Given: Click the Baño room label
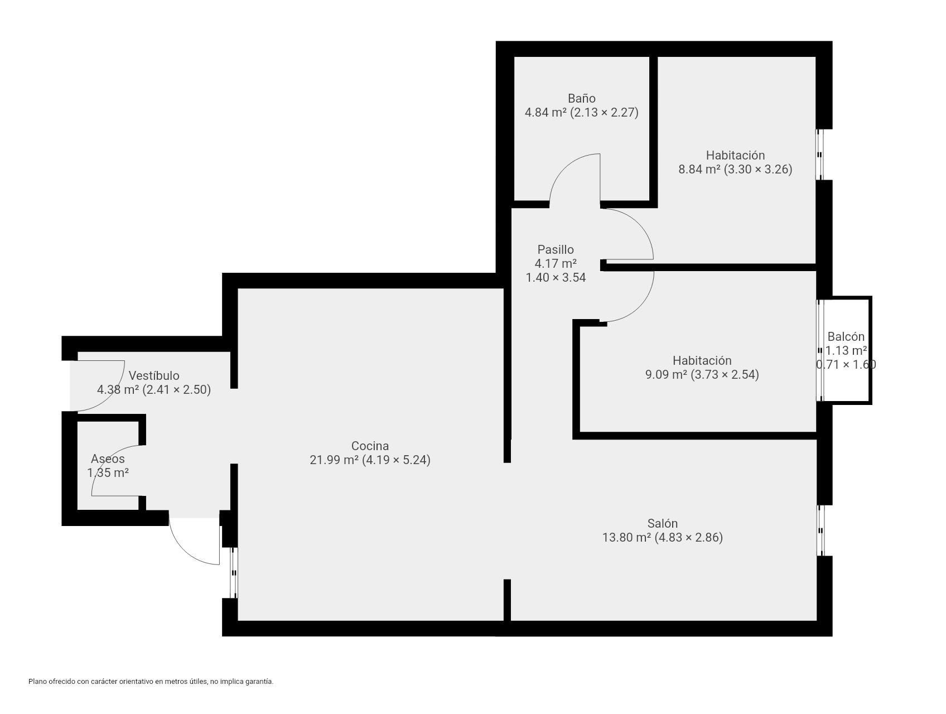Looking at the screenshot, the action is point(581,98).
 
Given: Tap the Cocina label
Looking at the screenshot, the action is point(370,446).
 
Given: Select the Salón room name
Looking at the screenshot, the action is point(663,523).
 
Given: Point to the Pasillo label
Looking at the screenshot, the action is point(556,249).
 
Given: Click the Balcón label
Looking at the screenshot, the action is point(846,336).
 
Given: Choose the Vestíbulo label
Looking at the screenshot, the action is point(154,375).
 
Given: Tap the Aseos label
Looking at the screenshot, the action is point(108,459).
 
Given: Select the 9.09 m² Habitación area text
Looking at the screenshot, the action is point(667,374).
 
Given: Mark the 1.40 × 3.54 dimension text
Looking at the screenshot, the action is point(556,277).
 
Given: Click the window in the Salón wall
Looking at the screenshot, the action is point(820,530).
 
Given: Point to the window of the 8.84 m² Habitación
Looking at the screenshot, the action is point(820,155).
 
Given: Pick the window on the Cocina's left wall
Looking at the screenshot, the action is point(234,573).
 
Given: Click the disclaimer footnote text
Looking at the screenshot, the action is point(151,681).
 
